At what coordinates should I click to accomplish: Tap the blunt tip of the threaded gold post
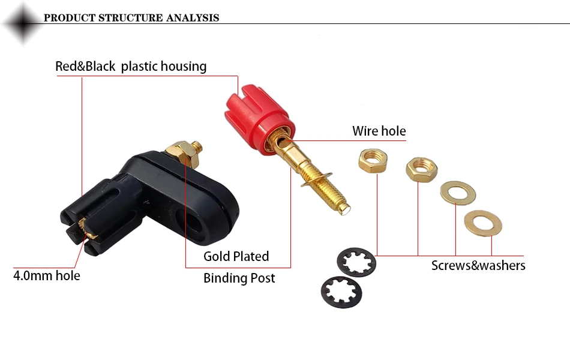(344, 209)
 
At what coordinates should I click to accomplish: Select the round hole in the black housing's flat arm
(190, 221)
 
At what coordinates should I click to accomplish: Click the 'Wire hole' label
(379, 131)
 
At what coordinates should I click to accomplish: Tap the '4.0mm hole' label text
(47, 275)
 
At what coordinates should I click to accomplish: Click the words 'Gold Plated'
(236, 256)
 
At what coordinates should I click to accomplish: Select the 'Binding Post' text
(239, 278)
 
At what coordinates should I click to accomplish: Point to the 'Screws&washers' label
(478, 265)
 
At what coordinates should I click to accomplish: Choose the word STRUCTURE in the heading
(131, 18)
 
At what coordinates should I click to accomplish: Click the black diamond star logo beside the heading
(23, 23)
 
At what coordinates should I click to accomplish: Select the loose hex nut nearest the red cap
(373, 160)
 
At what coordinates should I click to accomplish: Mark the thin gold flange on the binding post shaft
(316, 179)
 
